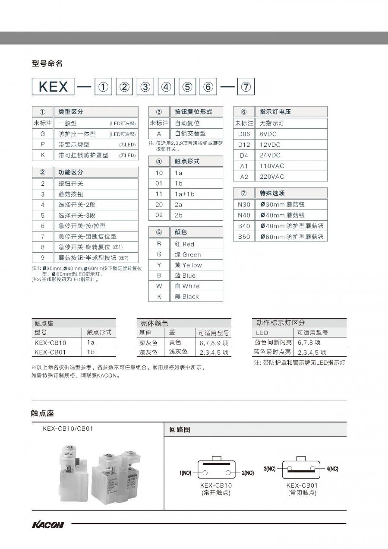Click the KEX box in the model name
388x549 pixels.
pyautogui.click(x=53, y=86)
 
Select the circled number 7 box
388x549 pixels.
pyautogui.click(x=245, y=86)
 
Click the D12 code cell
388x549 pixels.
pyautogui.click(x=244, y=145)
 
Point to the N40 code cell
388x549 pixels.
pyautogui.click(x=244, y=215)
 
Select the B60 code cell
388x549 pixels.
pyautogui.click(x=244, y=237)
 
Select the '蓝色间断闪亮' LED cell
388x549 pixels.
pyautogui.click(x=273, y=342)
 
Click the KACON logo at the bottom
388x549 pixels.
pyautogui.click(x=48, y=525)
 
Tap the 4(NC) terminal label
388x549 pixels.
pyautogui.click(x=332, y=468)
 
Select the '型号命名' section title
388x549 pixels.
pyautogui.click(x=47, y=63)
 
